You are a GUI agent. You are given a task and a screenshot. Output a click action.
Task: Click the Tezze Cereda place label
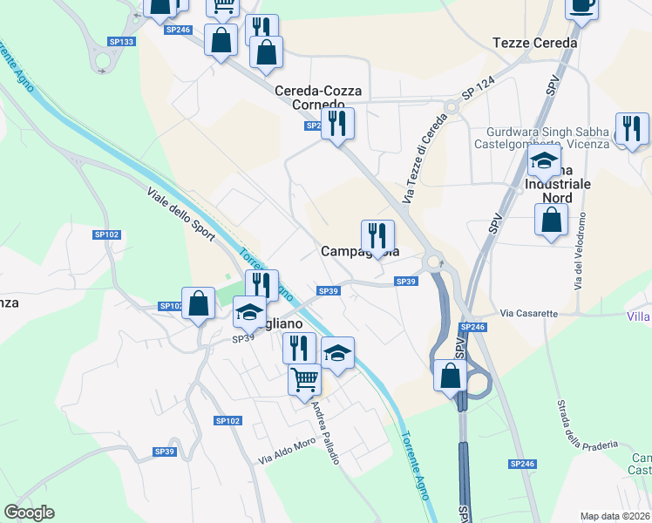click(x=534, y=43)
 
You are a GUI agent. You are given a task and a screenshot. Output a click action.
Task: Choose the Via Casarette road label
click(x=529, y=313)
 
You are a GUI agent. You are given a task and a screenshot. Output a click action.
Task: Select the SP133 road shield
click(x=121, y=41)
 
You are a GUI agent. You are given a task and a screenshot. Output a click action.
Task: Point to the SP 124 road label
click(x=479, y=90)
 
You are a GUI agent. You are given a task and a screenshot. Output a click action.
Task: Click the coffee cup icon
click(x=581, y=6)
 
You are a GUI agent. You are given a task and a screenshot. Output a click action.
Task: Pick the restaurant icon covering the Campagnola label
click(x=377, y=235)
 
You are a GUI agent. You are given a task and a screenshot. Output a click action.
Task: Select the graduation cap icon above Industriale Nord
click(x=544, y=161)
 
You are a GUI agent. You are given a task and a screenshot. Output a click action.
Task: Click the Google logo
click(x=29, y=513)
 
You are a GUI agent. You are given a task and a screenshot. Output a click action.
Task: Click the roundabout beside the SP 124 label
click(x=451, y=107)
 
